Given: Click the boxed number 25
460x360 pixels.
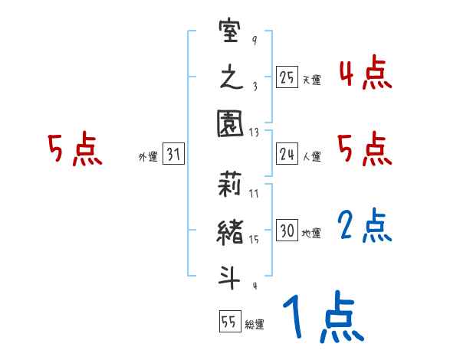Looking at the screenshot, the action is (x=287, y=77).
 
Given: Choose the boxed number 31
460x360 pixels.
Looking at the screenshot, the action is (x=173, y=155).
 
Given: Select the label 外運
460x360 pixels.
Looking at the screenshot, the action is (x=148, y=157).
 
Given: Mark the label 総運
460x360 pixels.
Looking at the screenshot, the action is (x=255, y=324).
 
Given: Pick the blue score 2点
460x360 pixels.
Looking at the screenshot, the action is (x=365, y=226).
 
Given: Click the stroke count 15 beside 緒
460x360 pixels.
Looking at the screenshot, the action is (x=254, y=240).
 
